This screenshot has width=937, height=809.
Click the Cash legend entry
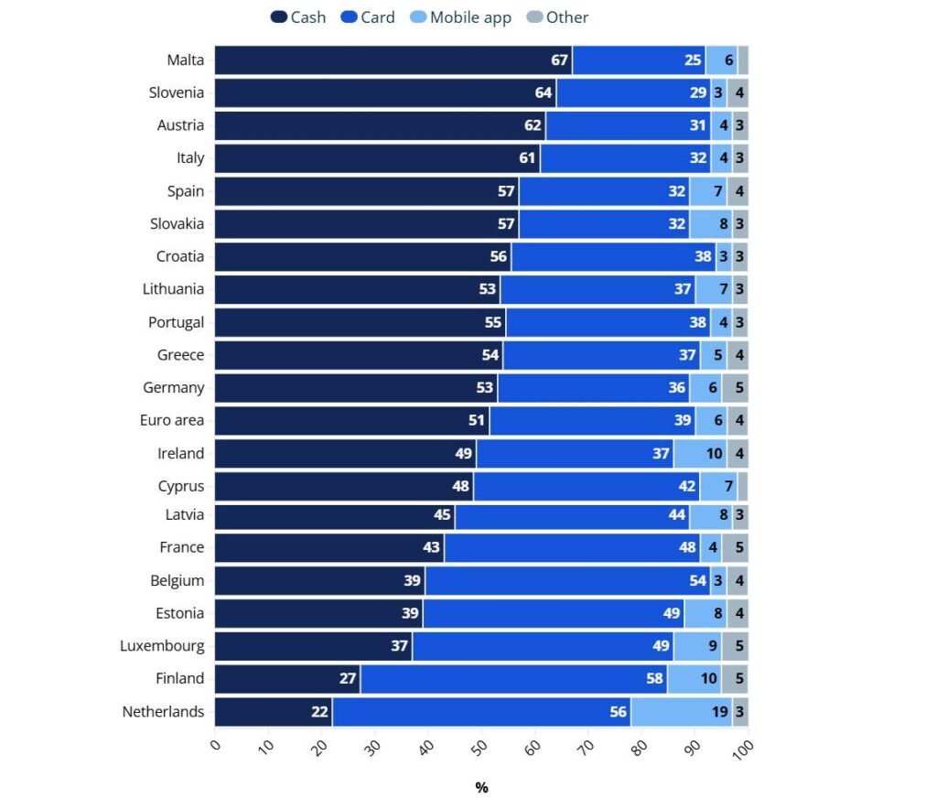[298, 17]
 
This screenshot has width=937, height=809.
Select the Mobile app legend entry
[460, 17]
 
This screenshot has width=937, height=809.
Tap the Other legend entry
[558, 17]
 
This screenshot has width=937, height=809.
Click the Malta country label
[185, 60]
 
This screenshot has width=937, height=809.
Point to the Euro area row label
[172, 421]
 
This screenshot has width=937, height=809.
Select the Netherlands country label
[163, 712]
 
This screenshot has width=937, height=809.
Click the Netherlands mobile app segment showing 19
[681, 712]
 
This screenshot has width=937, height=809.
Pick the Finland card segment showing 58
[513, 679]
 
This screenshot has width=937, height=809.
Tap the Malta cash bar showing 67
[393, 60]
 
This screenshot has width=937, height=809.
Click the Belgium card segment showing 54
[567, 580]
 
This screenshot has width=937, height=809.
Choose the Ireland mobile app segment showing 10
[700, 454]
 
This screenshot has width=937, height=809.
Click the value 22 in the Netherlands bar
[319, 712]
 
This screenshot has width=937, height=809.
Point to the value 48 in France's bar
[687, 547]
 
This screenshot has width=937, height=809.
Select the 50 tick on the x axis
[478, 747]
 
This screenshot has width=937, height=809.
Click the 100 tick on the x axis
[742, 749]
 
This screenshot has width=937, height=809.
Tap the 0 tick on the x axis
[216, 745]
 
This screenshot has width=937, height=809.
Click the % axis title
[481, 788]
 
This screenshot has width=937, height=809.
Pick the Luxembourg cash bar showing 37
[313, 646]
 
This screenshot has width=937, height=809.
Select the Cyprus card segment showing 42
[587, 487]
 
